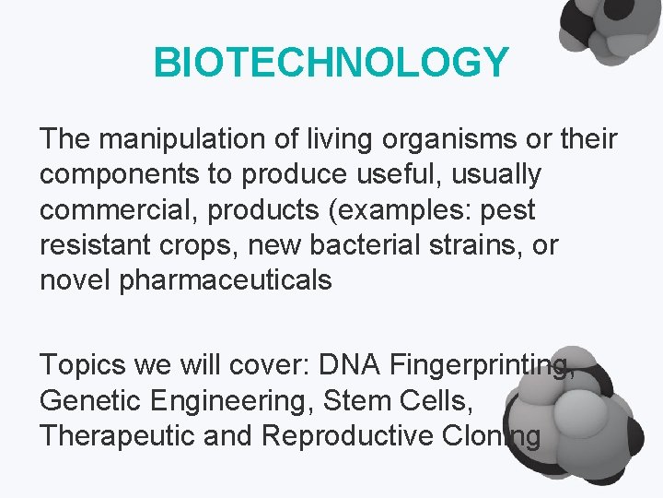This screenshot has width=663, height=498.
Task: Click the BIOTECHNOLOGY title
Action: [331, 63]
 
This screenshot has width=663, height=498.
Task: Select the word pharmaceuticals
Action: [226, 279]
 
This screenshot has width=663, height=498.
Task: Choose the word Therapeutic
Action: [119, 435]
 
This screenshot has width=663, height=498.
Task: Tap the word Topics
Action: [80, 365]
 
